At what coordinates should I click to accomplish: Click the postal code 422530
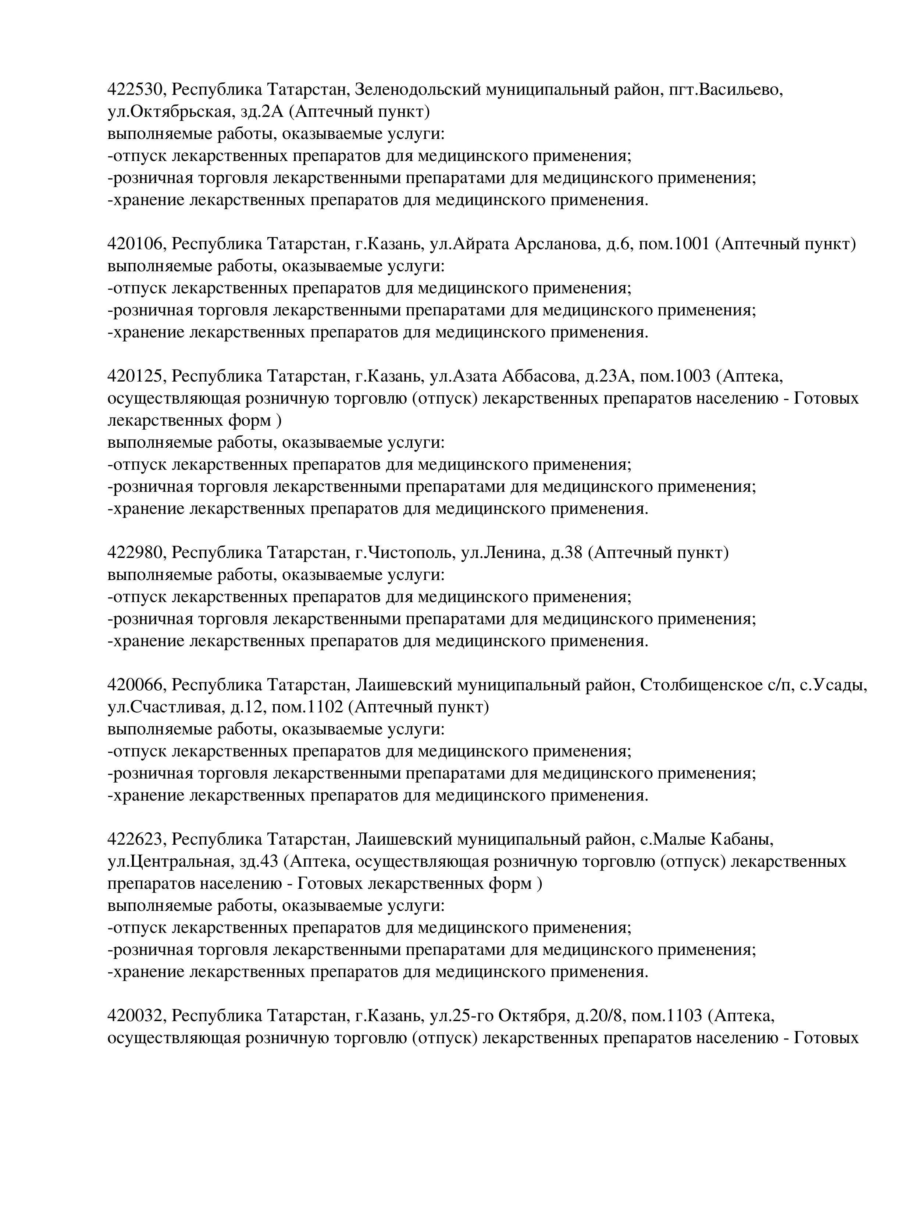pyautogui.click(x=136, y=89)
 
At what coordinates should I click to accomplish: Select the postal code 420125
pyautogui.click(x=136, y=376)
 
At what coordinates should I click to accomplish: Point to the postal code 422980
pyautogui.click(x=136, y=552)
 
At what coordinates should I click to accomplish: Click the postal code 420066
pyautogui.click(x=136, y=685)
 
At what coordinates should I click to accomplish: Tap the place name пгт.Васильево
pyautogui.click(x=726, y=89)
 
